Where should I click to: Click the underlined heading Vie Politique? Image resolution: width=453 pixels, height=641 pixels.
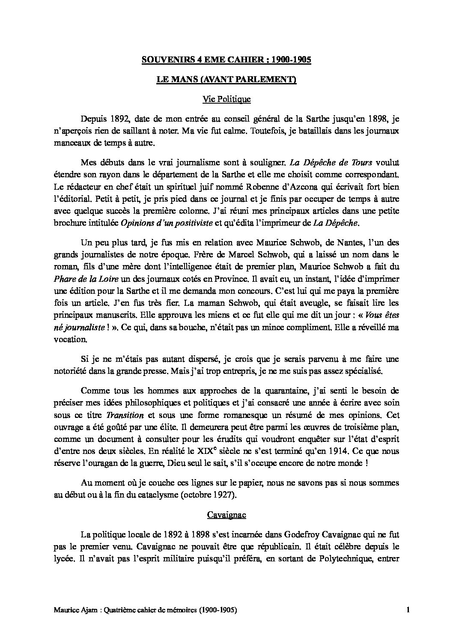tap(226, 99)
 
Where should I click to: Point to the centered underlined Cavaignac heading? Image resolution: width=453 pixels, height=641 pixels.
tap(226, 515)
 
